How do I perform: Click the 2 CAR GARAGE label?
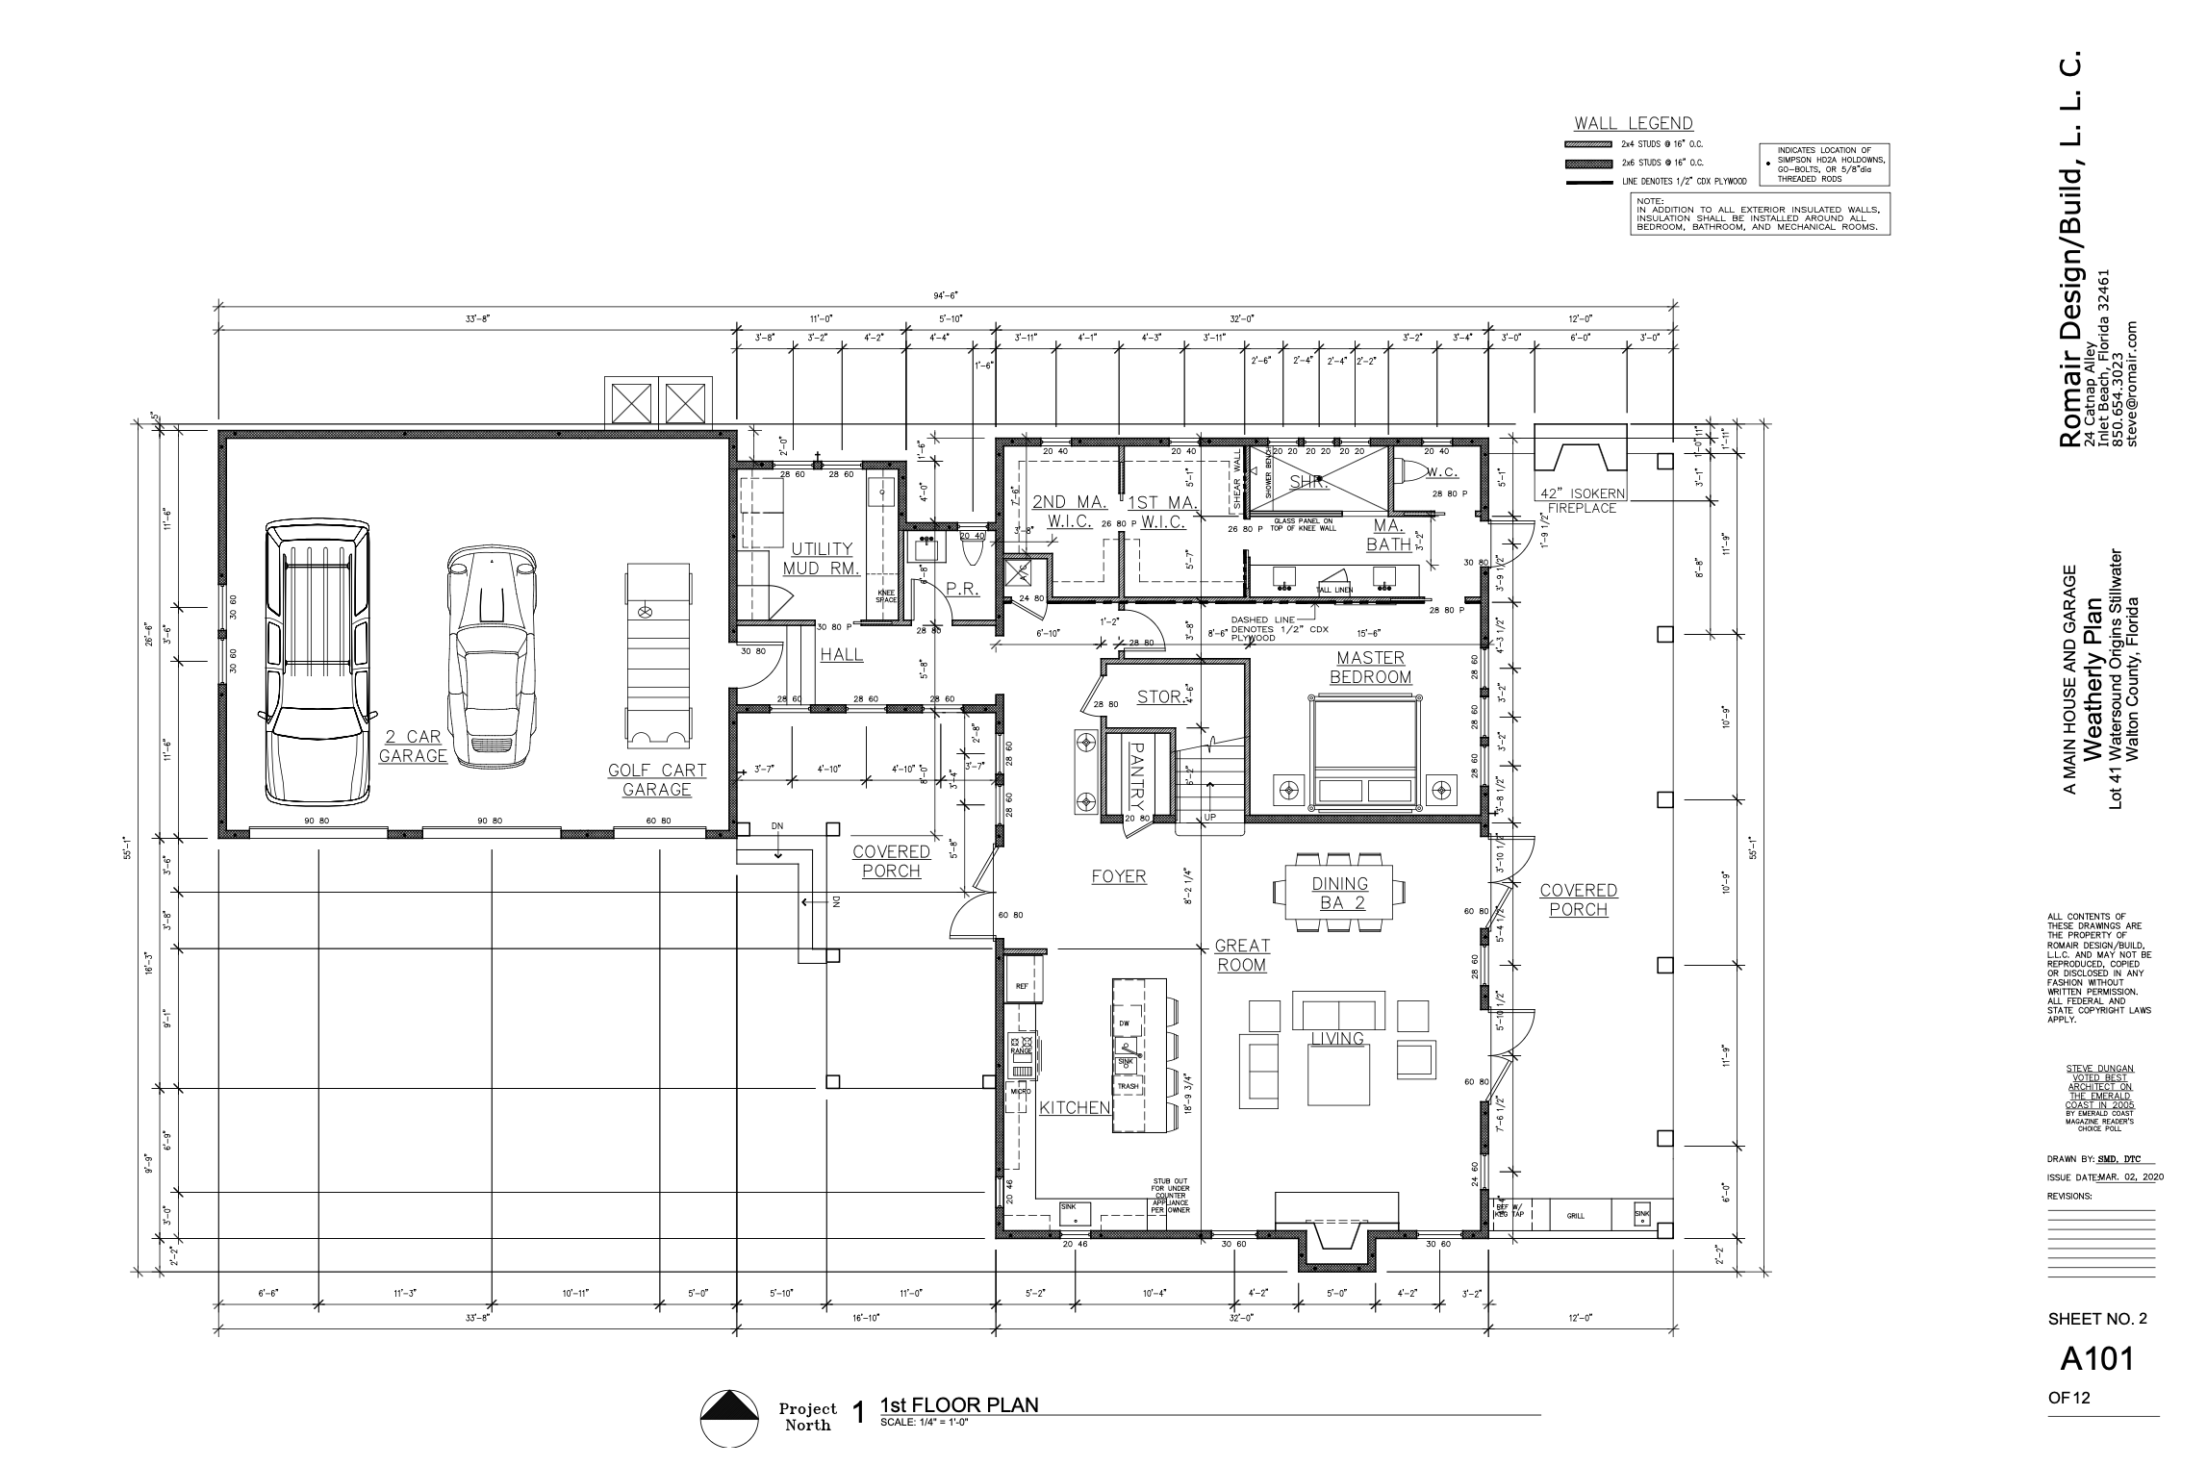pos(413,746)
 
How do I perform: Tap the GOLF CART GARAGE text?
pos(657,780)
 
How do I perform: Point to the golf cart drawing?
pos(658,655)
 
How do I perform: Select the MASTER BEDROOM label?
pos(1370,668)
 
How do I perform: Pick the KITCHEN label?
pos(1075,1108)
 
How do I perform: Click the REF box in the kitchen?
pos(1023,987)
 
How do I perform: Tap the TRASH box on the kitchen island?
pos(1128,1086)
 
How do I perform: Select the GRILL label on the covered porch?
pos(1575,1216)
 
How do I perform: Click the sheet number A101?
pos(2096,1358)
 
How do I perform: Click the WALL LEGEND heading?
pos(1633,124)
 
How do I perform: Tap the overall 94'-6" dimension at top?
pos(945,296)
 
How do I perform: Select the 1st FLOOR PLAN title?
pos(958,1404)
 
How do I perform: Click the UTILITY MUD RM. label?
pos(823,559)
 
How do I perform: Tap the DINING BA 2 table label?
pos(1339,894)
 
